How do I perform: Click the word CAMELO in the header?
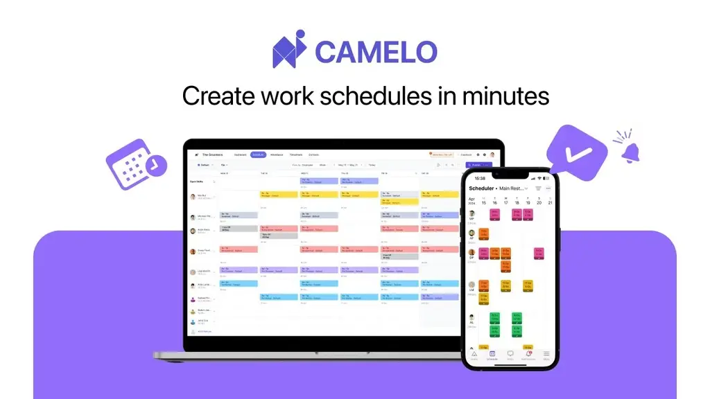click(376, 52)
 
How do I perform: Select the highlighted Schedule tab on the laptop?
click(259, 154)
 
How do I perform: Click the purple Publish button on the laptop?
click(477, 165)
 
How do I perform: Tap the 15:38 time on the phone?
click(480, 178)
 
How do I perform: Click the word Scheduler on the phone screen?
click(482, 188)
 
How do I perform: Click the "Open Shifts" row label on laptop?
click(198, 181)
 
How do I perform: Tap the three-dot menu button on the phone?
click(548, 188)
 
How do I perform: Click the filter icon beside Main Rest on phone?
click(537, 188)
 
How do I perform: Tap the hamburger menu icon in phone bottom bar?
click(546, 354)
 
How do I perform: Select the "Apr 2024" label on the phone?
click(472, 201)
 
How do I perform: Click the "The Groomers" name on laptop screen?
click(211, 154)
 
